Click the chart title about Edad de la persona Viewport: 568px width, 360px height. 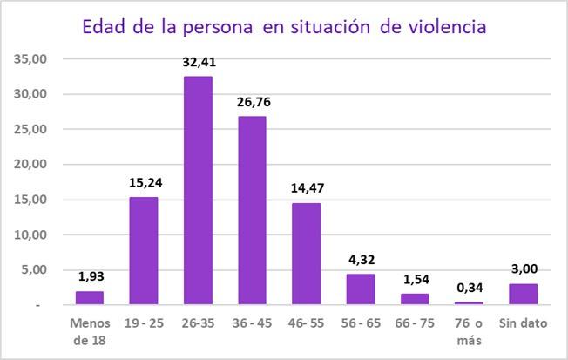pos(284,26)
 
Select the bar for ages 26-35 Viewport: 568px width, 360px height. pos(198,190)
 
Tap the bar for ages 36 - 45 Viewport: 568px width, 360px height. pos(252,210)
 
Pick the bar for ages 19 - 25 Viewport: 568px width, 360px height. pos(144,251)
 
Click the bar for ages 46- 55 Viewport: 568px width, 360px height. pos(306,254)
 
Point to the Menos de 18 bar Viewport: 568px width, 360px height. pos(90,298)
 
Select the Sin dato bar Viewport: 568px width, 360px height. pos(523,295)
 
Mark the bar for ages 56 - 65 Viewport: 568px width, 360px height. pos(360,289)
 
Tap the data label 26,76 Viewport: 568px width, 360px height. pos(252,102)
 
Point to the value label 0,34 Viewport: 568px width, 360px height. pos(469,289)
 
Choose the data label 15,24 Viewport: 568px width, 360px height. pos(144,183)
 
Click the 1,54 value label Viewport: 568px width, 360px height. pos(415,280)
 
